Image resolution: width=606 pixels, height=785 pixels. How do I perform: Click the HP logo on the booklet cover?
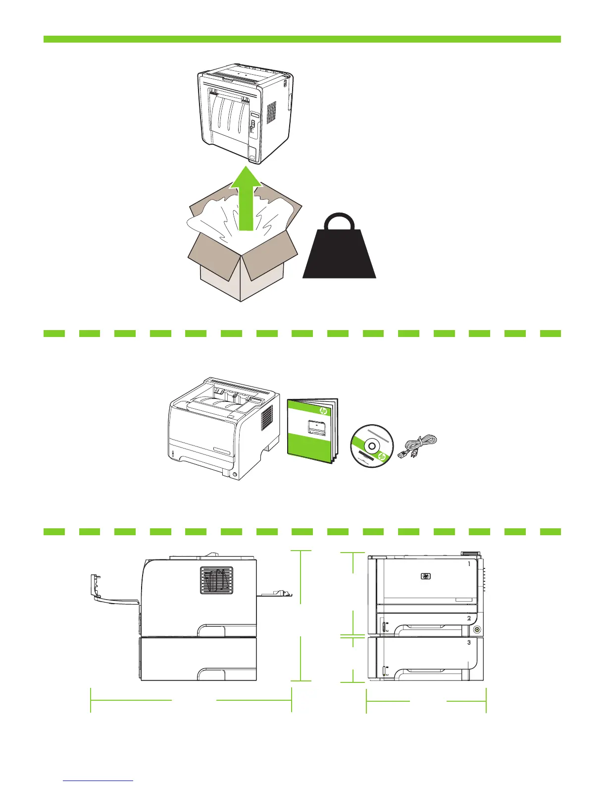(x=324, y=411)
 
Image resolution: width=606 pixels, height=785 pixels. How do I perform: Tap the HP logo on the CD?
(x=381, y=457)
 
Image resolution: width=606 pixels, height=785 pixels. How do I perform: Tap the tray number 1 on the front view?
(x=469, y=564)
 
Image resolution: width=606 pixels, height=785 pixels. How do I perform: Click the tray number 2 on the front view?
(x=469, y=618)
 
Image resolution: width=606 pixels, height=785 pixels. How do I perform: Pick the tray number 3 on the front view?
(x=469, y=642)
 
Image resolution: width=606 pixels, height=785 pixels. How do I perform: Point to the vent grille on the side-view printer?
(x=216, y=580)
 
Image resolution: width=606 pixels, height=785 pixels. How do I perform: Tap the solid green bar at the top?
(x=302, y=39)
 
